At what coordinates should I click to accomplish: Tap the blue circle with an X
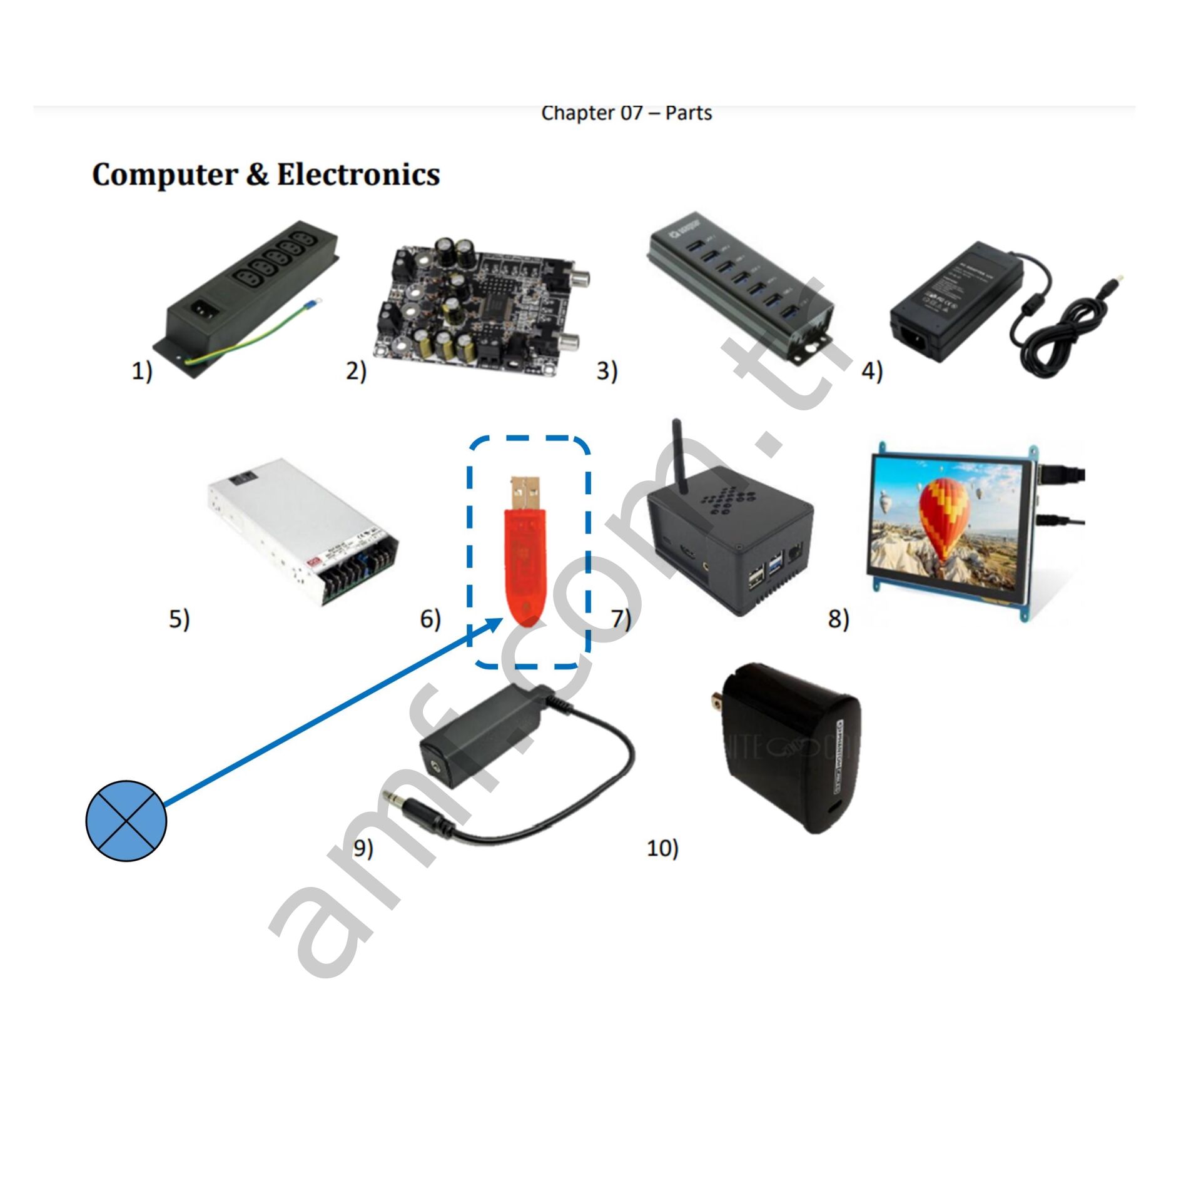[x=126, y=820]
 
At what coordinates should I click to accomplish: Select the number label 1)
[x=141, y=372]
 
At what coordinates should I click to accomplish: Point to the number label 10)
[x=662, y=848]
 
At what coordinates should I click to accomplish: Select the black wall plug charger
[x=794, y=751]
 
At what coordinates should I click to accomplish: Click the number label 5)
[x=179, y=619]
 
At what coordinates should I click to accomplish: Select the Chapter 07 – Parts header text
[x=626, y=113]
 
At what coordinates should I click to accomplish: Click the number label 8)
[x=838, y=619]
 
